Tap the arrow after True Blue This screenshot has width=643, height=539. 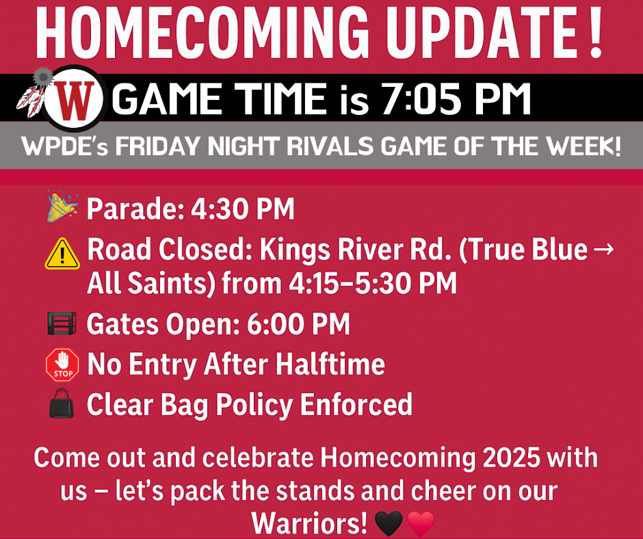coord(604,250)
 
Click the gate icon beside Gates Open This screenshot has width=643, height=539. coord(62,324)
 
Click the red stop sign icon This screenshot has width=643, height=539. coord(62,365)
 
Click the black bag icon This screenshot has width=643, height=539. coord(62,406)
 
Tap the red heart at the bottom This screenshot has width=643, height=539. coord(421,525)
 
